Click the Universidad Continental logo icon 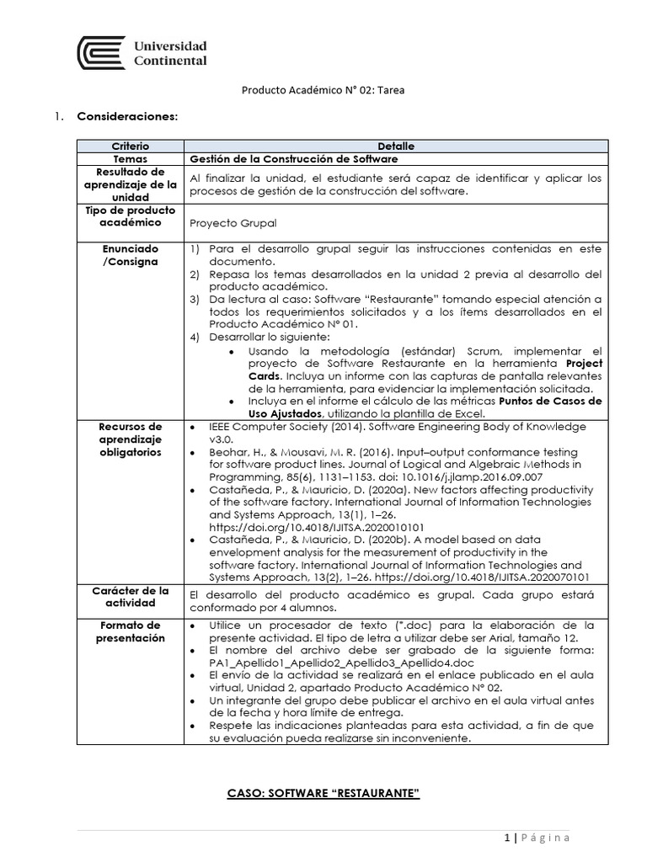click(x=100, y=53)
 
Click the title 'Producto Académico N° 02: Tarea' click(x=323, y=91)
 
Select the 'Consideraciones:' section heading click(x=127, y=115)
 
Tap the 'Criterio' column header click(x=130, y=146)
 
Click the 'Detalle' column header click(x=395, y=146)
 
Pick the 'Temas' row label click(x=130, y=158)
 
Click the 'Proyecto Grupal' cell click(x=233, y=223)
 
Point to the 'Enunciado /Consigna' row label click(x=130, y=257)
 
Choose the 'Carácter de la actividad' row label click(x=130, y=597)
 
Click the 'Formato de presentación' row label click(x=130, y=631)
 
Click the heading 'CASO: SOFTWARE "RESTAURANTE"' click(x=324, y=794)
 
